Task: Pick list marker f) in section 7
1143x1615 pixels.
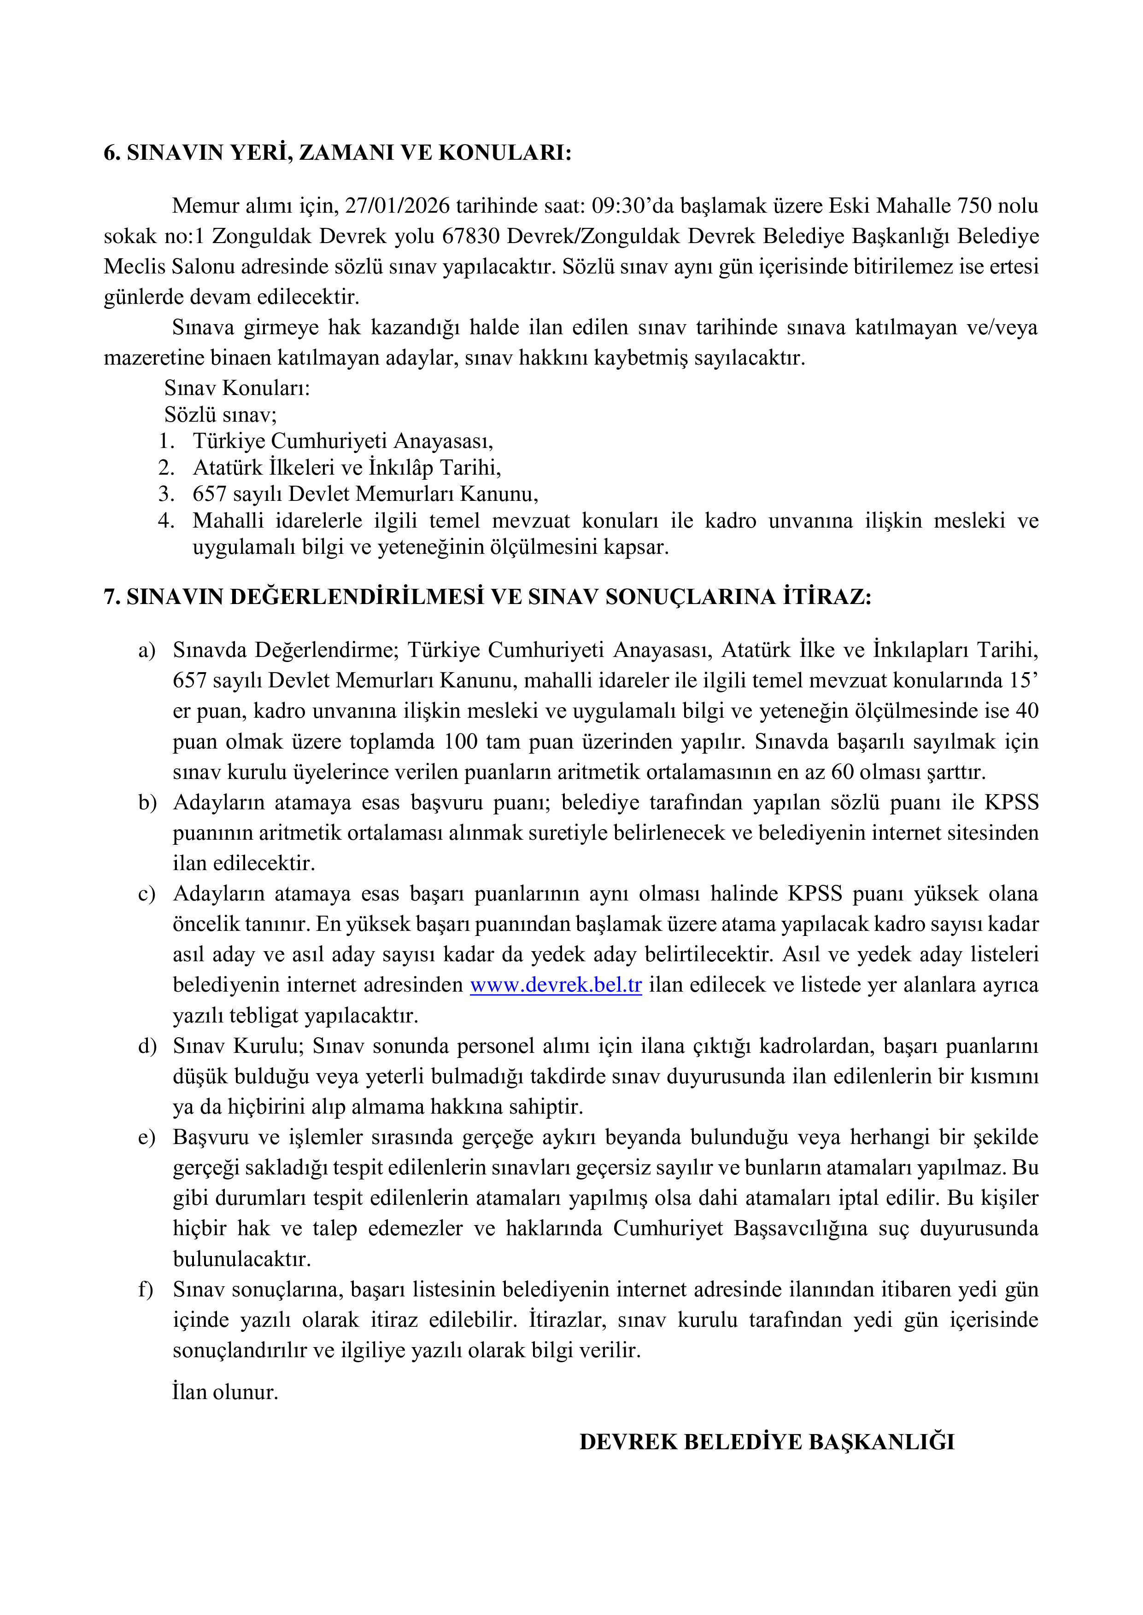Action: click(146, 1290)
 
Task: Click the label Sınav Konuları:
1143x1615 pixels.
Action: click(237, 388)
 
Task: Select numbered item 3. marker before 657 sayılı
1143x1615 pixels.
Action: click(166, 494)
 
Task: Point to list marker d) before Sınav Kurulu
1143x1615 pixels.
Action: click(147, 1046)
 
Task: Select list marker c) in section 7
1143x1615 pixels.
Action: click(146, 894)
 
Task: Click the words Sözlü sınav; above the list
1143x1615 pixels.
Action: click(220, 414)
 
